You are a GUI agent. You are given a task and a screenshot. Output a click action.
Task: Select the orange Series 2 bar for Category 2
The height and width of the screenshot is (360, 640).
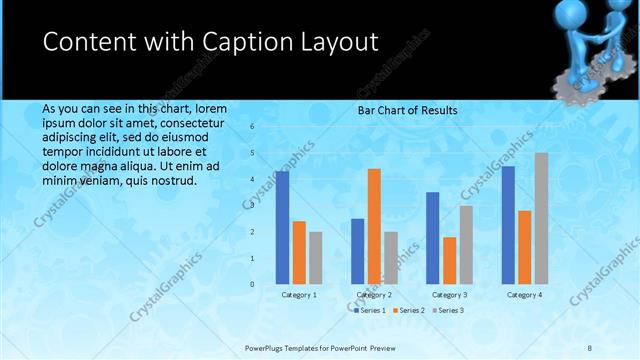coord(374,226)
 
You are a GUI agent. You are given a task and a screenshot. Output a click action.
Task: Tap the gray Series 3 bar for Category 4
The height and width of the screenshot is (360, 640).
coord(541,218)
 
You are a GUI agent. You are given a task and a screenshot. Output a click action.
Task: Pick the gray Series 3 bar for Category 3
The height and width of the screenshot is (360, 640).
coord(466,244)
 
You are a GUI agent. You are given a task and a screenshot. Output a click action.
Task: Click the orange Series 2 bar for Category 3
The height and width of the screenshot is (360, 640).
coord(450,260)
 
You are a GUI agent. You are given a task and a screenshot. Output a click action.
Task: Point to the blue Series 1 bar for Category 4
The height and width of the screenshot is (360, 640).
coord(508,225)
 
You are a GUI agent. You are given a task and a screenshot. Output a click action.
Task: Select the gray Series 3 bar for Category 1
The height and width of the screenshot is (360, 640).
coord(316,258)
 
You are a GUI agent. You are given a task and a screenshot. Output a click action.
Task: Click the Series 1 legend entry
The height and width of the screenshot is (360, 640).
coord(369,310)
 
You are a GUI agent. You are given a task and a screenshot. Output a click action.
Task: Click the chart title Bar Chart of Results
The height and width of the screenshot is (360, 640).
coord(407,109)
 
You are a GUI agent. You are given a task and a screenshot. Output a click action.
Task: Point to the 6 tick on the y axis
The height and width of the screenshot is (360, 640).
coord(252,127)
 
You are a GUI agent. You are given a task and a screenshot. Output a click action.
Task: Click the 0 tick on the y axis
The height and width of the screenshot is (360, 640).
coord(252,284)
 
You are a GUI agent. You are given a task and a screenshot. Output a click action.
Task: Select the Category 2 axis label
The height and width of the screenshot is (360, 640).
coord(374,295)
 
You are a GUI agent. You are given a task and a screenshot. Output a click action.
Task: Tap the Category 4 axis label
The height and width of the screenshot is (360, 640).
coord(524,295)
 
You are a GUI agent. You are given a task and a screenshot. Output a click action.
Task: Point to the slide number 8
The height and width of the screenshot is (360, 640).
coord(590,347)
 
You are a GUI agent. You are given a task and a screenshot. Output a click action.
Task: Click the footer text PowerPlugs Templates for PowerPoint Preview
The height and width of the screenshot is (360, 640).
coord(320,347)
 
